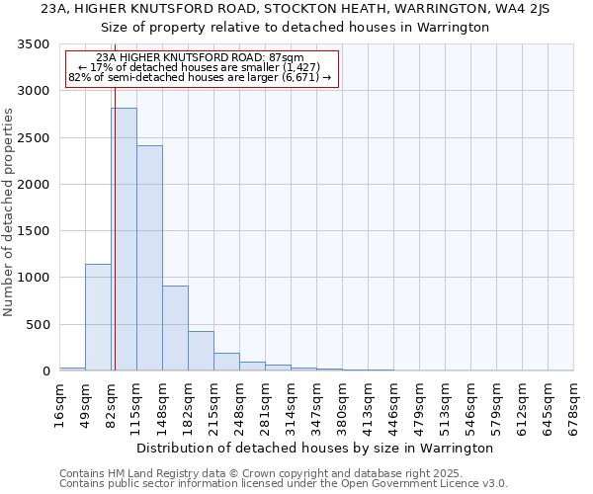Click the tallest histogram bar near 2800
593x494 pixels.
point(124,239)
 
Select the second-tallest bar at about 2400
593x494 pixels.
point(149,258)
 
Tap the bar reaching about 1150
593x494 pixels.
point(98,317)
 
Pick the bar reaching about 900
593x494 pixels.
point(175,328)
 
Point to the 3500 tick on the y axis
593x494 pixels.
point(37,45)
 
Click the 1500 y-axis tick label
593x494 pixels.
point(37,231)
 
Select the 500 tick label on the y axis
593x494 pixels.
point(41,324)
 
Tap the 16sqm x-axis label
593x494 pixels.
point(60,404)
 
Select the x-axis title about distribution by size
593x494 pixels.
point(316,448)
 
